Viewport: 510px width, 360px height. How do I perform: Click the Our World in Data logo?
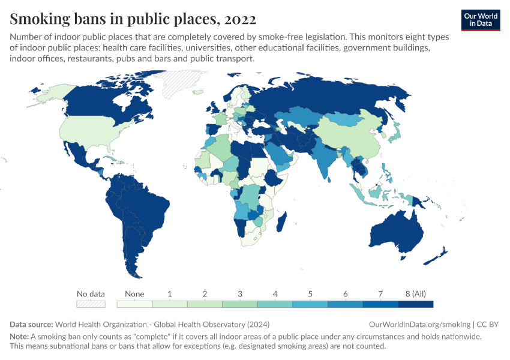tap(481, 20)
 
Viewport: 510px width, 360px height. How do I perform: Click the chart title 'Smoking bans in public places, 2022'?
tap(133, 19)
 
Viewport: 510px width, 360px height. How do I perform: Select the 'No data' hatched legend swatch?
tap(91, 304)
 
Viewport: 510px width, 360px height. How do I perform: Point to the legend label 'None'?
tap(134, 294)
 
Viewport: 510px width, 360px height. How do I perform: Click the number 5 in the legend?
tap(310, 294)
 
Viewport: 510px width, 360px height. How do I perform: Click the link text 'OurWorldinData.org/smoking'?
tap(415, 324)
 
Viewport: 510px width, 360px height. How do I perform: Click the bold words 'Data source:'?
tap(31, 324)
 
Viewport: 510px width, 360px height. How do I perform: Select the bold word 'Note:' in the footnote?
tap(20, 337)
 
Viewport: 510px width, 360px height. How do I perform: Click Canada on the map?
tap(102, 102)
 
